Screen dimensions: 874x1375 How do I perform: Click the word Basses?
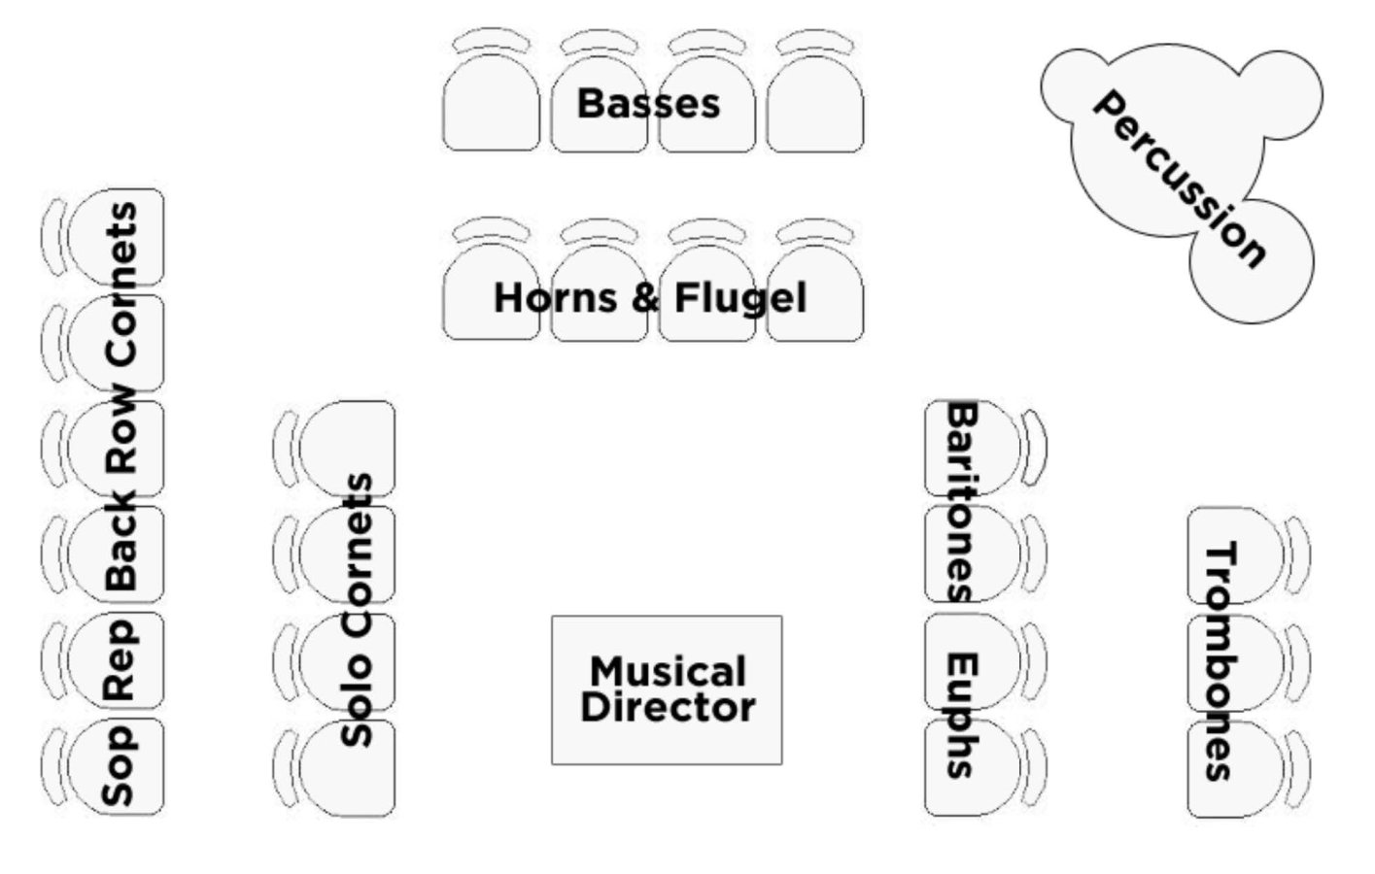(648, 103)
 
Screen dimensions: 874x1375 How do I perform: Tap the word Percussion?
(1180, 179)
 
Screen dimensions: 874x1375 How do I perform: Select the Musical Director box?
(667, 689)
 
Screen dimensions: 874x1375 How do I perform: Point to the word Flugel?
(740, 298)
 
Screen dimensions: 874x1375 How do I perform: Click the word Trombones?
(1220, 661)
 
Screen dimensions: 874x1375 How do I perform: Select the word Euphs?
(960, 715)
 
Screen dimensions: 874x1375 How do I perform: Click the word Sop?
(119, 766)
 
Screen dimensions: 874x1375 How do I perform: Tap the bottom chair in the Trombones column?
(1236, 769)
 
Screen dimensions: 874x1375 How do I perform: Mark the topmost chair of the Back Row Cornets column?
(117, 235)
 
